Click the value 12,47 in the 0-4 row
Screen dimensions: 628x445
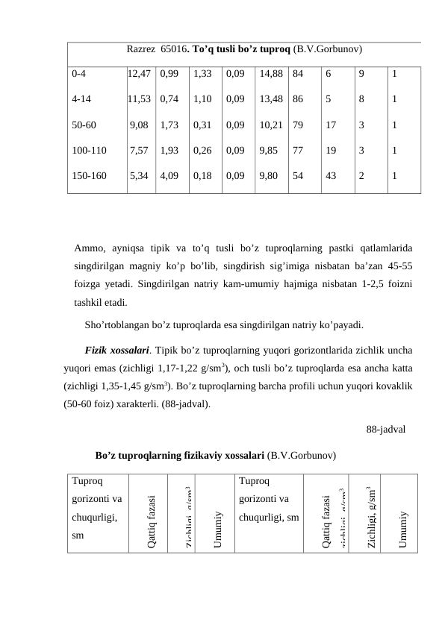tap(140, 74)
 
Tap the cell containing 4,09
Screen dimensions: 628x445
tap(169, 177)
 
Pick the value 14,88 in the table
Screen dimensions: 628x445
tap(270, 74)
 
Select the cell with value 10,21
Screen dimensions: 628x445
tap(270, 125)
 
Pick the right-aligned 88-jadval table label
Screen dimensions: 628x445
tap(386, 430)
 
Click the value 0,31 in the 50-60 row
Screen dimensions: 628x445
tap(202, 125)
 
